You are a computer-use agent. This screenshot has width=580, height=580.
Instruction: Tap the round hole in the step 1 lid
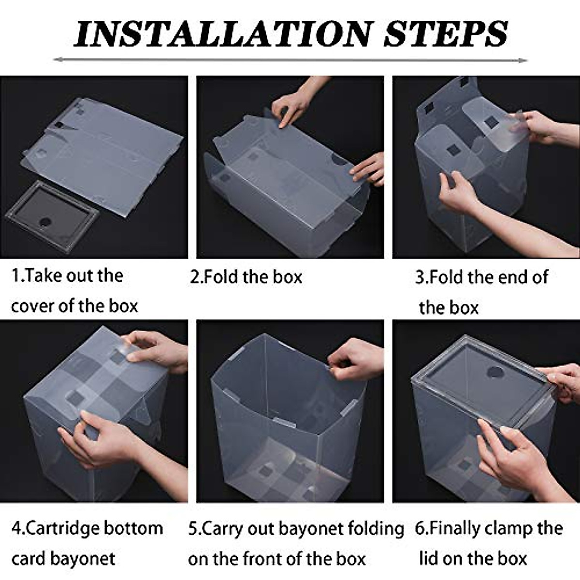tap(46, 222)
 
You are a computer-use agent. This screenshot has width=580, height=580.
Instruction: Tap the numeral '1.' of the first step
tap(16, 275)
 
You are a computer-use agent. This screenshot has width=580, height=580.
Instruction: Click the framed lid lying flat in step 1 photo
tap(52, 215)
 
